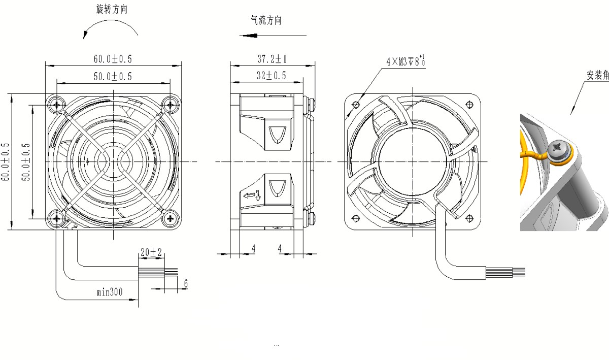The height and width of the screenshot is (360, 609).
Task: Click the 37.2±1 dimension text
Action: coord(272,59)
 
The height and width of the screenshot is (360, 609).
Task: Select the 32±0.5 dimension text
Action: coord(272,76)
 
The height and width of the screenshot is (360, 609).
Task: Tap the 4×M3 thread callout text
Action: coord(405,61)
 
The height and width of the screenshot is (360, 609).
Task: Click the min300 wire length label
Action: coord(110,292)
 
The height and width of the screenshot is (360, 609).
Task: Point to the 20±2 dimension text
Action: coord(151,252)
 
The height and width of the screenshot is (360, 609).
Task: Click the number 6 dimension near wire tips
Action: coord(186,283)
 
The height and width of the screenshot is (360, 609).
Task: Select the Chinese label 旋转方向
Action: coord(112,9)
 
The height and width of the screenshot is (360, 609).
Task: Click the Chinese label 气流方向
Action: coord(266,20)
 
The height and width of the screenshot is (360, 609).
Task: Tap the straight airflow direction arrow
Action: coord(273,36)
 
